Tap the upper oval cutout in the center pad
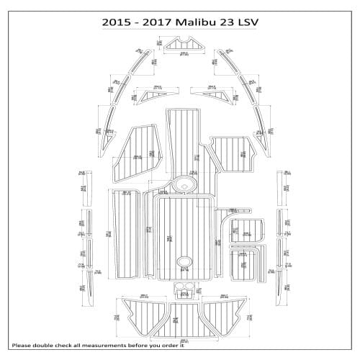click(183, 184)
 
